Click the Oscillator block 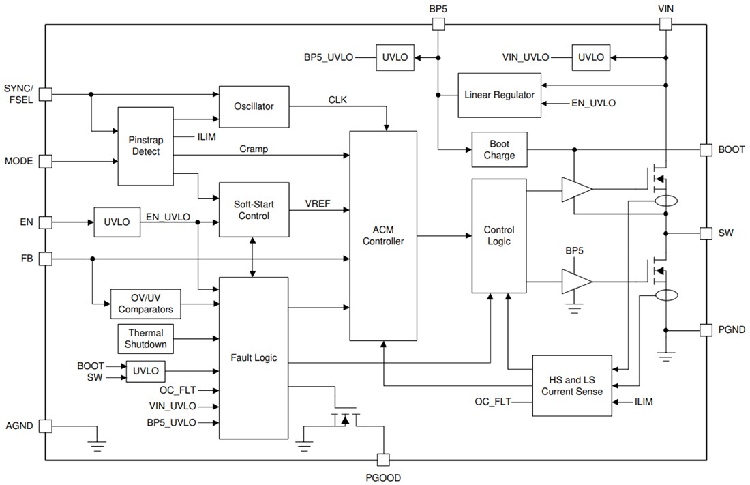coord(254,106)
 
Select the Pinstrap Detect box coord(145,145)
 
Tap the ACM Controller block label coord(382,235)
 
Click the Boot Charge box coord(500,149)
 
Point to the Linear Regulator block coord(500,95)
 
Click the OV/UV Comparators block coord(145,304)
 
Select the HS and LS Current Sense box coord(571,385)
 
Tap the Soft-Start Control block coord(254,209)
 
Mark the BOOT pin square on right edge coord(706,149)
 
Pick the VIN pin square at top coord(665,24)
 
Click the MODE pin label coord(18,162)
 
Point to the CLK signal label coord(337,100)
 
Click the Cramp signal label coord(254,149)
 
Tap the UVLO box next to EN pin coord(117,222)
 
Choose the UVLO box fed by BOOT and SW coord(146,371)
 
